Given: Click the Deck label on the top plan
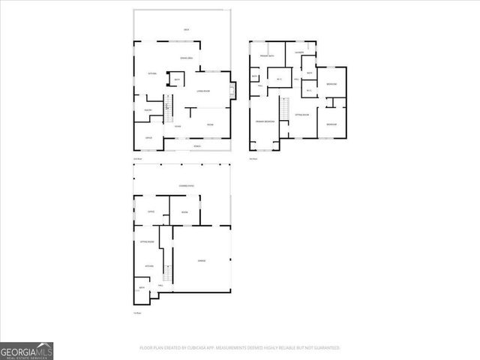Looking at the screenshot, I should coord(186,29).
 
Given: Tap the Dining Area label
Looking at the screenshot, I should coord(187,58).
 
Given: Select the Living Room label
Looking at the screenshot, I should coord(202,91).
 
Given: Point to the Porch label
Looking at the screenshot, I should coord(196,145).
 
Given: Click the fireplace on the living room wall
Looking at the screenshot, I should coord(231,91).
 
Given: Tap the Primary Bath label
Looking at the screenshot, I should coord(267,56).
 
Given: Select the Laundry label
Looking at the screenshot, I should coord(299,52).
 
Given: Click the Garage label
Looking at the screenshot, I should coord(202,260).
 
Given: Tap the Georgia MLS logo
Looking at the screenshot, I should coord(26,350).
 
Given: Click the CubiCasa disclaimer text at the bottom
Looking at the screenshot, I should coord(240,348).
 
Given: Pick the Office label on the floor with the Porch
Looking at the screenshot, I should coord(148,137).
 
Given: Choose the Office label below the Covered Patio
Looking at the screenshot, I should coord(150,212).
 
